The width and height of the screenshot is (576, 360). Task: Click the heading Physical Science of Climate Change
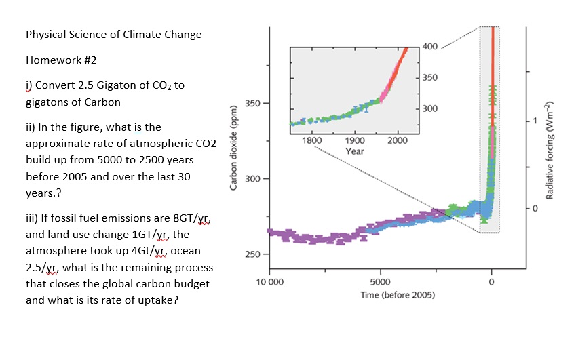click(x=113, y=35)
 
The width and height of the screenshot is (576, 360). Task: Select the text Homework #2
click(x=61, y=60)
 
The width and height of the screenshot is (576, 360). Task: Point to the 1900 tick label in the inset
click(x=355, y=140)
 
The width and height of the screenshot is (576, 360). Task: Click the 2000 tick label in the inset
click(x=398, y=140)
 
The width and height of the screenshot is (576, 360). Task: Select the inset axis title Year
click(x=355, y=151)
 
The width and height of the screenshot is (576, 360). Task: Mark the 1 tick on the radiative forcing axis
click(x=533, y=121)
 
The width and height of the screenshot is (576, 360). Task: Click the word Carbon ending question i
click(x=103, y=102)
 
